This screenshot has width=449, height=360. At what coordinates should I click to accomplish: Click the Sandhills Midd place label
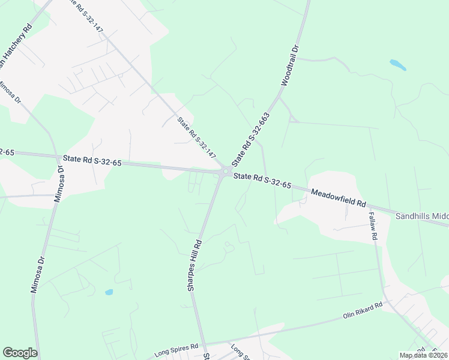(422, 215)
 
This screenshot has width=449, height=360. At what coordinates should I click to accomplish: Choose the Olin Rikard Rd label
(363, 310)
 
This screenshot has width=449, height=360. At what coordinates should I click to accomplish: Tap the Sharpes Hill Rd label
(196, 264)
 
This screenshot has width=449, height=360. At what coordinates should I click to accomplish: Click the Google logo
(20, 353)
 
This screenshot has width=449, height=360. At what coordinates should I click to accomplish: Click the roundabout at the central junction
(225, 172)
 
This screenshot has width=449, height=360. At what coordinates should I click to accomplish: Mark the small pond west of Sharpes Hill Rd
(109, 292)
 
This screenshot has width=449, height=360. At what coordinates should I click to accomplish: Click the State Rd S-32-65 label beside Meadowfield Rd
(262, 181)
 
